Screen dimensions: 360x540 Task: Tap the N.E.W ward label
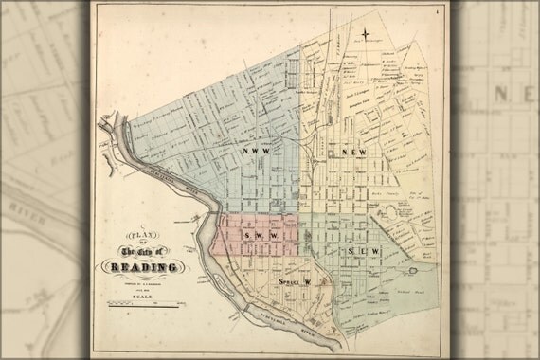tap(354, 153)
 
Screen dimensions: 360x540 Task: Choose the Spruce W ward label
tap(295, 282)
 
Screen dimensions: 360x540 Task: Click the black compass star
tap(365, 36)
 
